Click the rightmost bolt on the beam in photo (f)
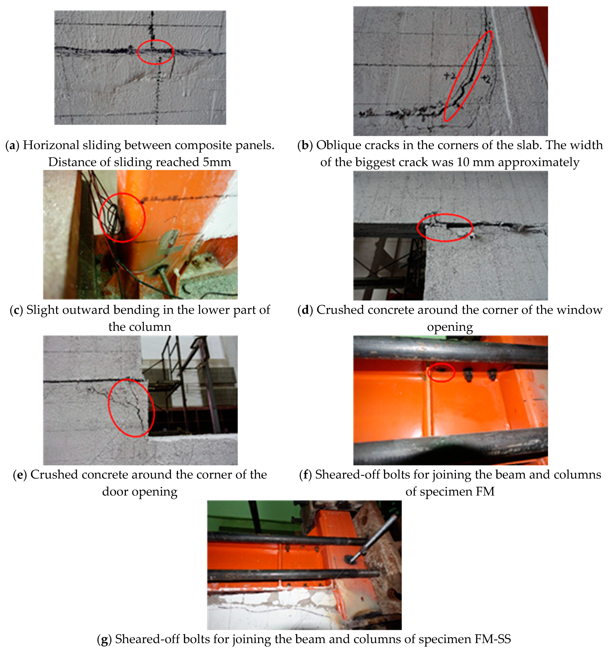(492, 375)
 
